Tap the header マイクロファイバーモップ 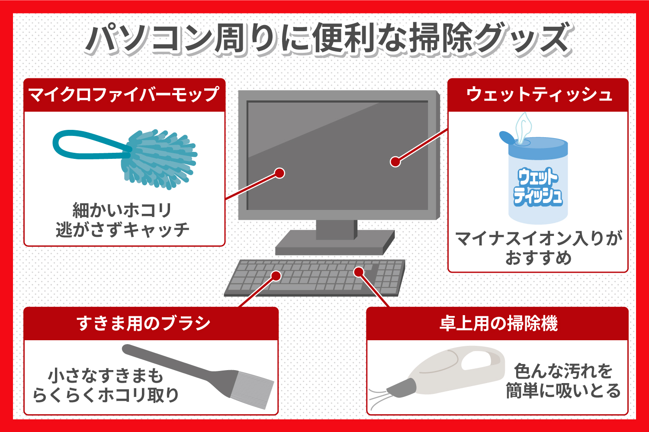click(124, 94)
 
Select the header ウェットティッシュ click(539, 94)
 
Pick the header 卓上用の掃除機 click(499, 323)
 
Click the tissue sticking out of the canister click(523, 128)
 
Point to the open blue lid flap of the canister click(507, 138)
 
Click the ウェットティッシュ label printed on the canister click(538, 187)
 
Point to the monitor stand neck click(336, 229)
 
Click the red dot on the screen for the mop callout click(280, 173)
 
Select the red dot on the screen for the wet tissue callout click(395, 161)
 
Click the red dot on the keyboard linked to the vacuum click(359, 272)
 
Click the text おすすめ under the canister click(538, 258)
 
